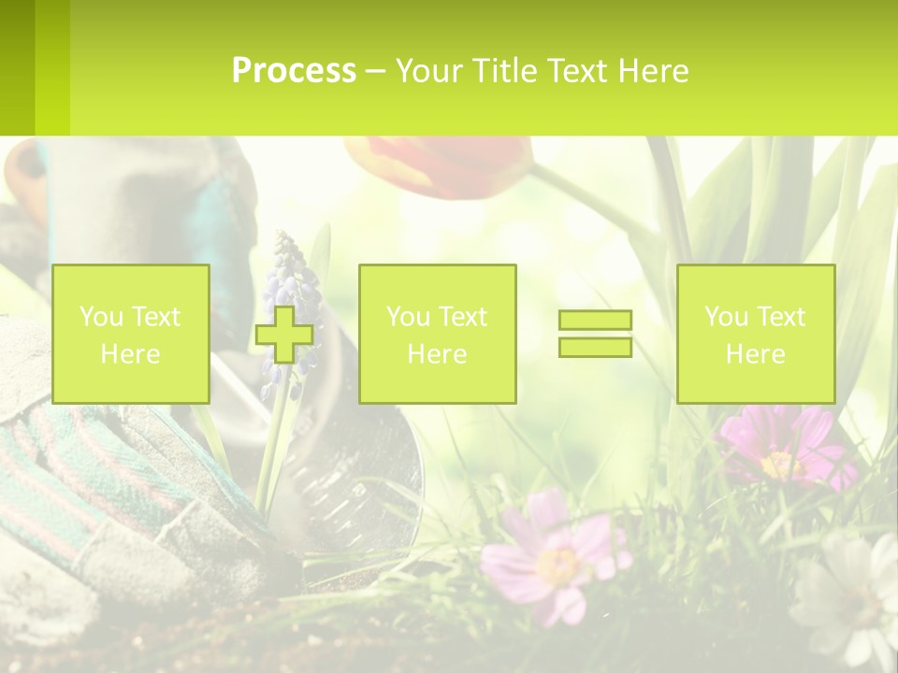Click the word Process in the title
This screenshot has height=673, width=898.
pos(294,71)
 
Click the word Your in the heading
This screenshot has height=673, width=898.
pos(429,71)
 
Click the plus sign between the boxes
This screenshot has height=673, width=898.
pos(284,334)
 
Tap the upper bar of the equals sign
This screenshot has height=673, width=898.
pos(595,320)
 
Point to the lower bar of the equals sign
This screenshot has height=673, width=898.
pos(595,347)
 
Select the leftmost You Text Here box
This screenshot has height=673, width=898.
pos(131,334)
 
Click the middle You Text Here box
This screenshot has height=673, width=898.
pos(438,334)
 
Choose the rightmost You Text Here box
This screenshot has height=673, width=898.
pos(756,334)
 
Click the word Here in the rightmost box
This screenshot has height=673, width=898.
pos(756,354)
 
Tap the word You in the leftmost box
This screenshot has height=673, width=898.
pos(101,317)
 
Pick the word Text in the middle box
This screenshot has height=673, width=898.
pos(462,317)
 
